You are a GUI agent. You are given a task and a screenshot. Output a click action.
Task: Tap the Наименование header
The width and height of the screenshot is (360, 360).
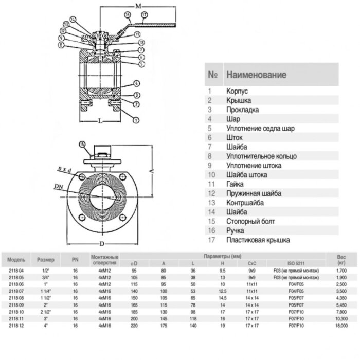coord(256,75)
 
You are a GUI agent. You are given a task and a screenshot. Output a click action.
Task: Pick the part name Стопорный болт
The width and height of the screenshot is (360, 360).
coord(250,222)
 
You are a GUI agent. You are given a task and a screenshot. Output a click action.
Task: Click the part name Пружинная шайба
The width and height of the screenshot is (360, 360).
coord(254,193)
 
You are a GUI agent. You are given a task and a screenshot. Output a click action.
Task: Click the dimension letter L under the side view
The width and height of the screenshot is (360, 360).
coord(99,121)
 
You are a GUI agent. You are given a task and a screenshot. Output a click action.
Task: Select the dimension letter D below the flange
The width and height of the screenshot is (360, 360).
coord(102,244)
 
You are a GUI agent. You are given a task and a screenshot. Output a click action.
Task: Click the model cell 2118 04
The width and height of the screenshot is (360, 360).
coord(16,271)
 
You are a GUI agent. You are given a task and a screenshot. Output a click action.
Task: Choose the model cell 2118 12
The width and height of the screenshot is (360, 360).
coord(16,326)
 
